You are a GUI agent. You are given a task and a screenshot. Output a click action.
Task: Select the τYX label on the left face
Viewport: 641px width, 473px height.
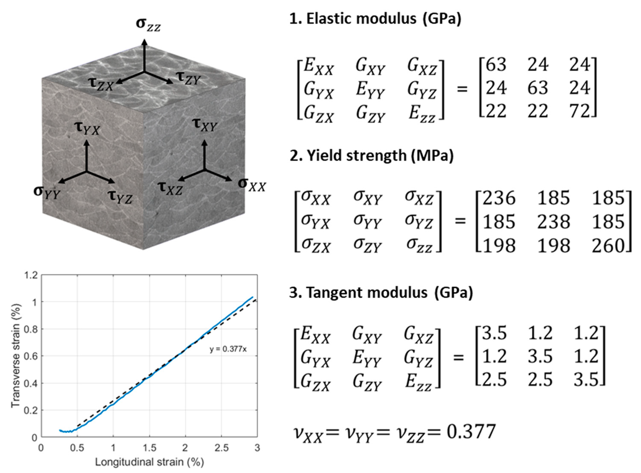click(87, 129)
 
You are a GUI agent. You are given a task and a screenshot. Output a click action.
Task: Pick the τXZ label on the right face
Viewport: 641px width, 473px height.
click(170, 188)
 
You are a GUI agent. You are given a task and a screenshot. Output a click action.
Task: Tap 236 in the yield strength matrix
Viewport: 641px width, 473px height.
click(499, 198)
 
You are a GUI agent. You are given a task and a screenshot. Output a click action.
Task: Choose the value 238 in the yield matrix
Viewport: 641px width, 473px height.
click(553, 222)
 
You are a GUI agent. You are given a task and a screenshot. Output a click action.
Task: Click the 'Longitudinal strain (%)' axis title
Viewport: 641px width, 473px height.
click(150, 462)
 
